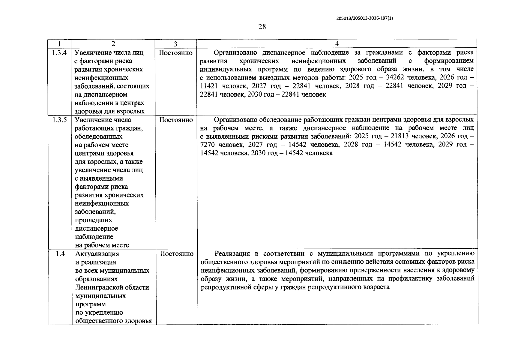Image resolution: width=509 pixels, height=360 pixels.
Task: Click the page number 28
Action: [262, 27]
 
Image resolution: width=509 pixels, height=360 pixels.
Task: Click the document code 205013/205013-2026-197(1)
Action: [364, 18]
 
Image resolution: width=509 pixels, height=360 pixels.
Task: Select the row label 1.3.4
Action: [59, 53]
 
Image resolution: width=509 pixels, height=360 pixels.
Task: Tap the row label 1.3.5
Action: [59, 120]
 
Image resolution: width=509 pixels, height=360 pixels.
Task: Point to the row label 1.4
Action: [60, 254]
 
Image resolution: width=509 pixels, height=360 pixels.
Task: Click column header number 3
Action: [175, 44]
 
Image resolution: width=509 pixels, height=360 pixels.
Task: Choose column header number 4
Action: [337, 44]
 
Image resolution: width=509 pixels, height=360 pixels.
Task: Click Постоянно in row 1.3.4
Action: [175, 53]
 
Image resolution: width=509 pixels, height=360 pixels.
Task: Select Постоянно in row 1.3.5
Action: [176, 120]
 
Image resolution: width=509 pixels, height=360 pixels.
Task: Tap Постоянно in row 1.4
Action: [176, 254]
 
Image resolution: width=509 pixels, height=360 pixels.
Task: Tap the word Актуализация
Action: [97, 254]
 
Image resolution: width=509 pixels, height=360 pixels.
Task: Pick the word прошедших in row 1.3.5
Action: [94, 220]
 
